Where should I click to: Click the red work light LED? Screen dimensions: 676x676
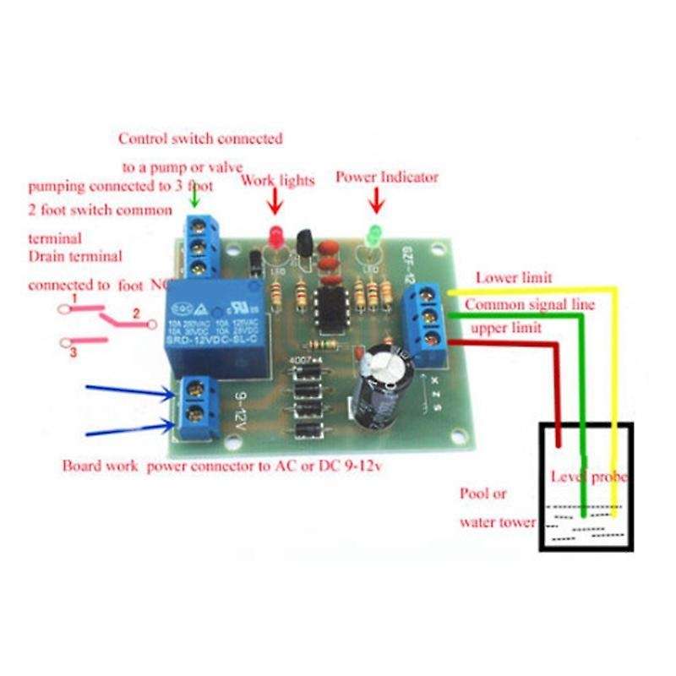273,234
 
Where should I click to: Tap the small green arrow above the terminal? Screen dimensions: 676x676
196,197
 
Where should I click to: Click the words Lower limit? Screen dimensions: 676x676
514,276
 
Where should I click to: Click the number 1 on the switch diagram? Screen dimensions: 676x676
75,298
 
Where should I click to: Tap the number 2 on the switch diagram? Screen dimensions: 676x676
134,313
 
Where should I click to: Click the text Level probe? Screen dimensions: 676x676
589,477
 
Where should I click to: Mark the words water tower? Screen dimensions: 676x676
497,521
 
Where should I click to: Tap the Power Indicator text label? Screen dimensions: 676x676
387,177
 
